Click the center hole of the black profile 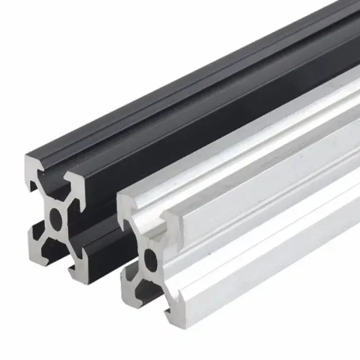click(56, 216)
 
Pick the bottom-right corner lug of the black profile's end click(78, 269)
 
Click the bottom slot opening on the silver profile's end click(150, 300)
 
